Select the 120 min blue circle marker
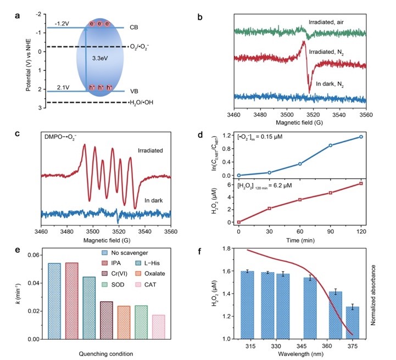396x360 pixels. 361,137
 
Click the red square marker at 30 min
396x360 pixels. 269,208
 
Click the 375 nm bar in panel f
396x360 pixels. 352,323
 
